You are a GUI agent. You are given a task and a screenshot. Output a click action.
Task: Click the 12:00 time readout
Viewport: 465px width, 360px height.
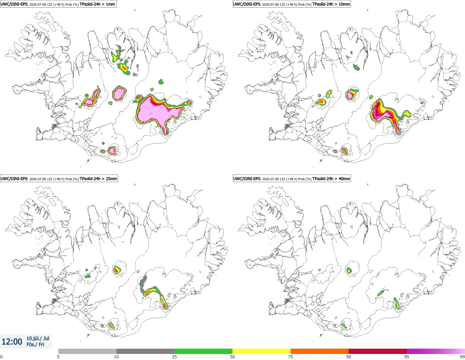click(x=12, y=342)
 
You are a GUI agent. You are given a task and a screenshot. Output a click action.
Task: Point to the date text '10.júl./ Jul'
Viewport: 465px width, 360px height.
click(x=38, y=338)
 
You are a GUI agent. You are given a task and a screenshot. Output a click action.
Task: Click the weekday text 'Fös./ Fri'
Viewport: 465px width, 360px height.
click(x=35, y=345)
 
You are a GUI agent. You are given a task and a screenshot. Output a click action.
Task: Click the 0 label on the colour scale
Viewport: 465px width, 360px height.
click(x=1, y=357)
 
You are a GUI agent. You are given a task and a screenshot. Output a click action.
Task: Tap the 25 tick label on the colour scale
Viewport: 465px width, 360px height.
click(x=174, y=357)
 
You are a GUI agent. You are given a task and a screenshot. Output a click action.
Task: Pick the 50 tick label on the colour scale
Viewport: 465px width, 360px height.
click(x=232, y=357)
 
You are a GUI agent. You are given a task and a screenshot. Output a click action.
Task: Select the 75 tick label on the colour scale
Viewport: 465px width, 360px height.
click(x=291, y=357)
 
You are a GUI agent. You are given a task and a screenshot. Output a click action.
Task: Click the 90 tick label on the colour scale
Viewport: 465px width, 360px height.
click(x=349, y=357)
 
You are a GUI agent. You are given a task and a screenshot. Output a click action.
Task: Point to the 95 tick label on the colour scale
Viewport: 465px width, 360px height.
click(x=407, y=357)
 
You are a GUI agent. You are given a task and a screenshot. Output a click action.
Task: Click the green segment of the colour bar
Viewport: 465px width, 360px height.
click(x=203, y=351)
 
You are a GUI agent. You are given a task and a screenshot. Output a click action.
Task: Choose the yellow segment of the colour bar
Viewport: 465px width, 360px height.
click(x=262, y=351)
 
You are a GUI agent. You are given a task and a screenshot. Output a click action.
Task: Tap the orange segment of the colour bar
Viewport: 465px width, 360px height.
click(x=320, y=351)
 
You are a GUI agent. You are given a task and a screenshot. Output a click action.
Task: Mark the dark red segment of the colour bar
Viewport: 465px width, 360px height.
click(x=378, y=351)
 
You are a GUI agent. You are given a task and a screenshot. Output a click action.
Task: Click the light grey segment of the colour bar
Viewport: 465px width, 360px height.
click(x=87, y=351)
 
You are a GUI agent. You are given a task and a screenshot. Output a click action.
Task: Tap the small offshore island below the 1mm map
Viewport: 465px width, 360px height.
click(x=88, y=161)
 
